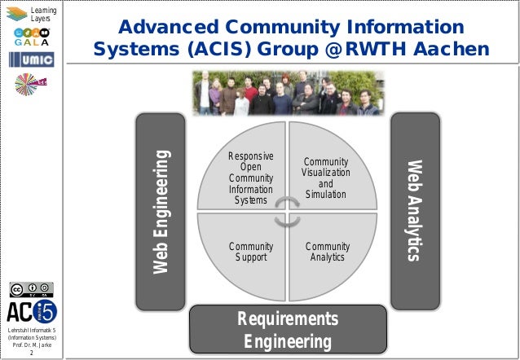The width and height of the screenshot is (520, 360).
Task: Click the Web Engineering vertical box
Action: [161, 212]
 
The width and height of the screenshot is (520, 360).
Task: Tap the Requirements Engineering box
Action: [287, 329]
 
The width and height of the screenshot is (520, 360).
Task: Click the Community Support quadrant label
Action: [250, 252]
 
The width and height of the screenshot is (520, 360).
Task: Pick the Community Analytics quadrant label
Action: [327, 252]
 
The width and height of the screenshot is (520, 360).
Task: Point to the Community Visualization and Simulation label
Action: [326, 178]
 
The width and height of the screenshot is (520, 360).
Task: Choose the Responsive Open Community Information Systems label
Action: [250, 178]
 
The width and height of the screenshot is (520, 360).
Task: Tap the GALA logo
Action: [32, 37]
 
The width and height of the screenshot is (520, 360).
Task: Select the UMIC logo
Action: [32, 61]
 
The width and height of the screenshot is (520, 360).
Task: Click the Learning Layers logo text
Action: [42, 13]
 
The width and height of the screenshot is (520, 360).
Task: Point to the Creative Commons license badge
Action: [31, 290]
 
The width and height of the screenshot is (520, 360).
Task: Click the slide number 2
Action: [32, 353]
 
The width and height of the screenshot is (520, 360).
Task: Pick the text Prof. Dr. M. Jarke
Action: [32, 345]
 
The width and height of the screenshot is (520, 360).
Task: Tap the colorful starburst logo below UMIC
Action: [31, 85]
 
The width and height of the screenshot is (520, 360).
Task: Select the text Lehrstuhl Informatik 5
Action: [32, 328]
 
